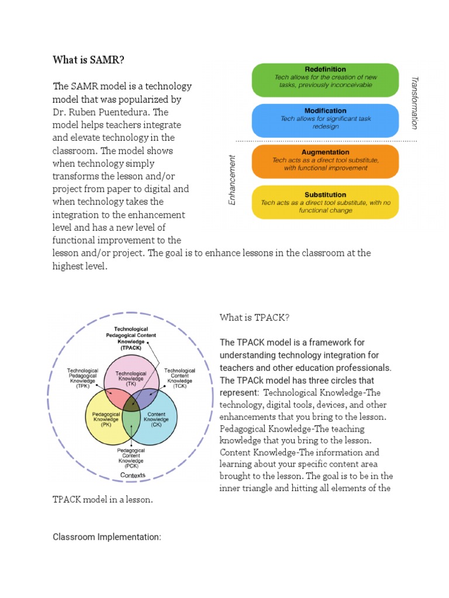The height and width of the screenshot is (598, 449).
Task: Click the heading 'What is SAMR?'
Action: tap(88, 60)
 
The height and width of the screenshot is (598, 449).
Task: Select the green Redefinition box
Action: tap(325, 80)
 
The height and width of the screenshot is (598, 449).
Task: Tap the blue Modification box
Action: tap(325, 121)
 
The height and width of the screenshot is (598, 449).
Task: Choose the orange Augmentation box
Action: tap(325, 161)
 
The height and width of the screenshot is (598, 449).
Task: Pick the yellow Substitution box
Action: tap(325, 202)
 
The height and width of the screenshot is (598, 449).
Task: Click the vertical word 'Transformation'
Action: tap(415, 102)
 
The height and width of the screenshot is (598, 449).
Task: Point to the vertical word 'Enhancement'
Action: tap(232, 179)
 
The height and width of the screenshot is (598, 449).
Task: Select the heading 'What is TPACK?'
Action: tap(254, 318)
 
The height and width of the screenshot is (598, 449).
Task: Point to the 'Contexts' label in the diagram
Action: tap(133, 475)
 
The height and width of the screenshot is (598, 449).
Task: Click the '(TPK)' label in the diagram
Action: tap(82, 387)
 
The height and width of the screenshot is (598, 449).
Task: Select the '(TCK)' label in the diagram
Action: tap(179, 387)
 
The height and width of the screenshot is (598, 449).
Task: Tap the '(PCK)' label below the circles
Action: tap(131, 467)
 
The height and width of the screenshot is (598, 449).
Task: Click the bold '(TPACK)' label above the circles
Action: tap(131, 348)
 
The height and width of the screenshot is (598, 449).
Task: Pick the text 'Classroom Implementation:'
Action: tap(106, 537)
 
